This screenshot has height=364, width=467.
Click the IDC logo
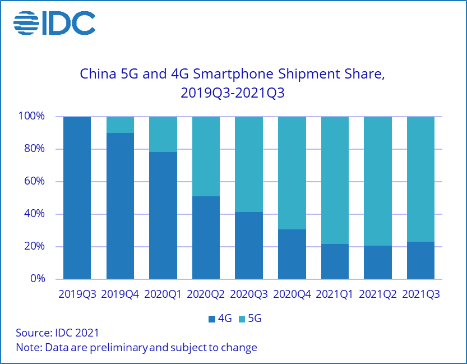(54, 22)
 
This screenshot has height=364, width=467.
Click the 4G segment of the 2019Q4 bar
(120, 206)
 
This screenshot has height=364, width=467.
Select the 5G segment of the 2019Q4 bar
(120, 125)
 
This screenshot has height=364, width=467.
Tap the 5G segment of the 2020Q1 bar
(163, 134)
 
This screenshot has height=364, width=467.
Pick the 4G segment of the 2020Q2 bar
(206, 238)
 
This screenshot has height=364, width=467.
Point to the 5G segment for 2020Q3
(249, 164)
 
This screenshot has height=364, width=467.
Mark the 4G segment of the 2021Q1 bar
(335, 261)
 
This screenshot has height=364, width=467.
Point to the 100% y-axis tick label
(33, 117)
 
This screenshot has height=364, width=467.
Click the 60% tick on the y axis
(35, 182)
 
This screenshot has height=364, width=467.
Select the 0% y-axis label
(38, 279)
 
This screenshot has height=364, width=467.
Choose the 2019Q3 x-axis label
(77, 294)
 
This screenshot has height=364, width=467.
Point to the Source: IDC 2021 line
(57, 333)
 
